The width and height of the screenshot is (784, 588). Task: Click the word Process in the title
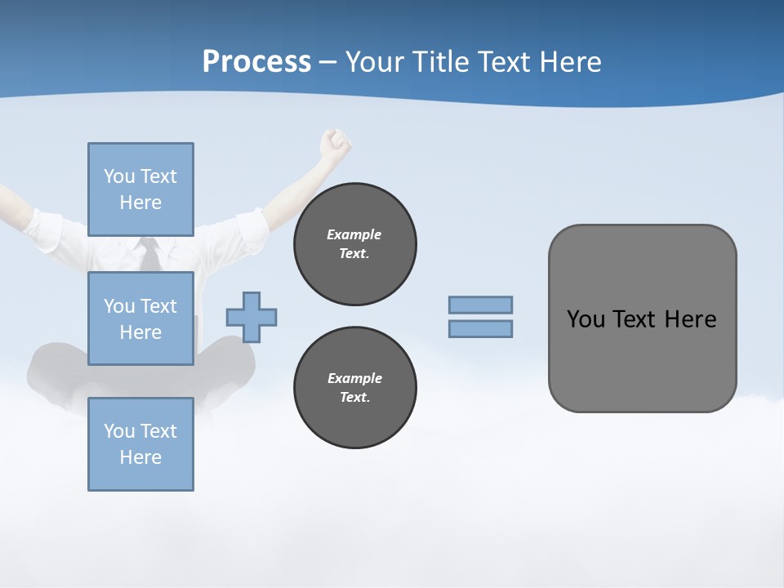click(256, 62)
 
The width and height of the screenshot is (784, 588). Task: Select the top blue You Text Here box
click(140, 189)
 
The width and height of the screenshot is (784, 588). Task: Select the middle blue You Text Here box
click(140, 318)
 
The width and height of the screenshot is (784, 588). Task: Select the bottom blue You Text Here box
click(140, 443)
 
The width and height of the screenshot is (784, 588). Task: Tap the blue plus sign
click(252, 317)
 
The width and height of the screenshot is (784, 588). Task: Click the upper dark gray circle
click(354, 244)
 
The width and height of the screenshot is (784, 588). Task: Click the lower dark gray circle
click(354, 388)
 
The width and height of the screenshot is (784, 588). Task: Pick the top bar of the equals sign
click(480, 305)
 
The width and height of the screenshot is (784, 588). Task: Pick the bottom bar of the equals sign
click(480, 329)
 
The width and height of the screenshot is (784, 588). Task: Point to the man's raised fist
click(335, 144)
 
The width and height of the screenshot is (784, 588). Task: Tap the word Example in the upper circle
click(354, 234)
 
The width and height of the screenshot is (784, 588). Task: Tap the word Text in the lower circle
click(354, 398)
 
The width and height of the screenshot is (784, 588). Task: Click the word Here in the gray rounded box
click(690, 319)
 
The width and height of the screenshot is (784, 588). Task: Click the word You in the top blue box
click(118, 176)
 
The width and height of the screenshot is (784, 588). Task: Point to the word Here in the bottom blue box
click(140, 457)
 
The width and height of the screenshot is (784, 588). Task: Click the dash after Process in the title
click(328, 63)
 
